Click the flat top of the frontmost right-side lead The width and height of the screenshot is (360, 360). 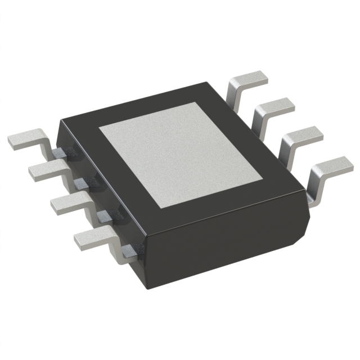click(332, 165)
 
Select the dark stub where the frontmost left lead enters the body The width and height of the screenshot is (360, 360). click(129, 251)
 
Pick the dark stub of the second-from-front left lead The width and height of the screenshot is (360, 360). click(105, 215)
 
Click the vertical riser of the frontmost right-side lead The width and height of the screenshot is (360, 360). click(315, 186)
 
